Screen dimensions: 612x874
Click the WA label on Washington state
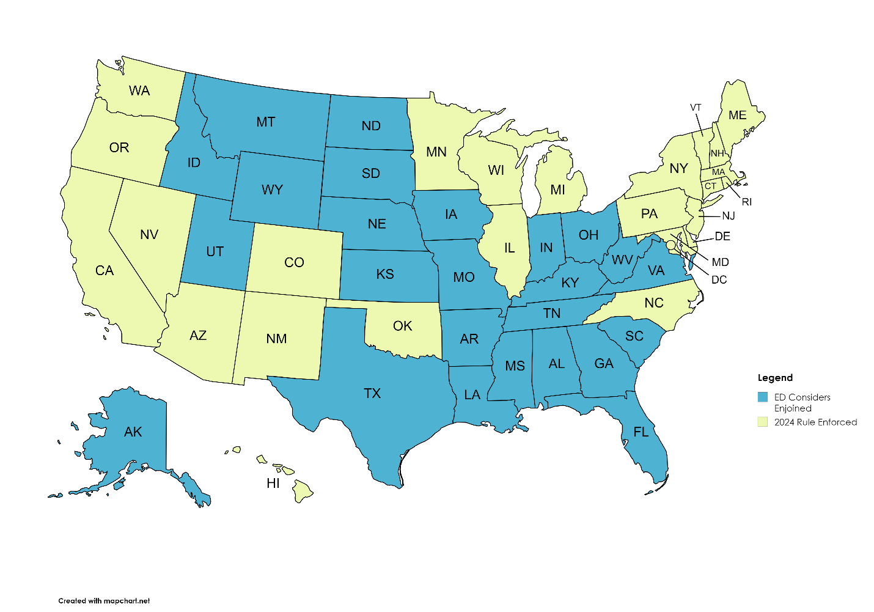[x=139, y=91]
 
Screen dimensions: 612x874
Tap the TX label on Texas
[x=372, y=393]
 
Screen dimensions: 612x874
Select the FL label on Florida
[x=641, y=432]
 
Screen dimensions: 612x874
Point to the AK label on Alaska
[x=133, y=432]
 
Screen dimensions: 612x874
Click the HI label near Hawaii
[x=273, y=483]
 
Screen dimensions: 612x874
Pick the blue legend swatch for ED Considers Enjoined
[x=762, y=397]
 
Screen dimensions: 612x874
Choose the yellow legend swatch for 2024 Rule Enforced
[x=762, y=422]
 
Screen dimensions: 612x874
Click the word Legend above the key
[x=775, y=378]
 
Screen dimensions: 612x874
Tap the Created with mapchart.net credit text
[x=104, y=601]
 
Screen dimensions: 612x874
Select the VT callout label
[x=696, y=108]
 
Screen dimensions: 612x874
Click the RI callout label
[x=746, y=202]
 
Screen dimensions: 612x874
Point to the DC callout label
[x=719, y=279]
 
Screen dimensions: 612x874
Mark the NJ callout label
[x=728, y=216]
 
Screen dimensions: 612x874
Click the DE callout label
[x=722, y=237]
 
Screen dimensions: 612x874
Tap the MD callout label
[x=720, y=262]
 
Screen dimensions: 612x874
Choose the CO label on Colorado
[x=294, y=262]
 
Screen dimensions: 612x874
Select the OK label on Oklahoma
[x=402, y=326]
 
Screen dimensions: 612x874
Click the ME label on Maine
[x=737, y=116]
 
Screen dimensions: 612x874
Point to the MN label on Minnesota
[x=436, y=152]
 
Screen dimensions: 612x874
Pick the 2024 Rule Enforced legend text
[x=815, y=422]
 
